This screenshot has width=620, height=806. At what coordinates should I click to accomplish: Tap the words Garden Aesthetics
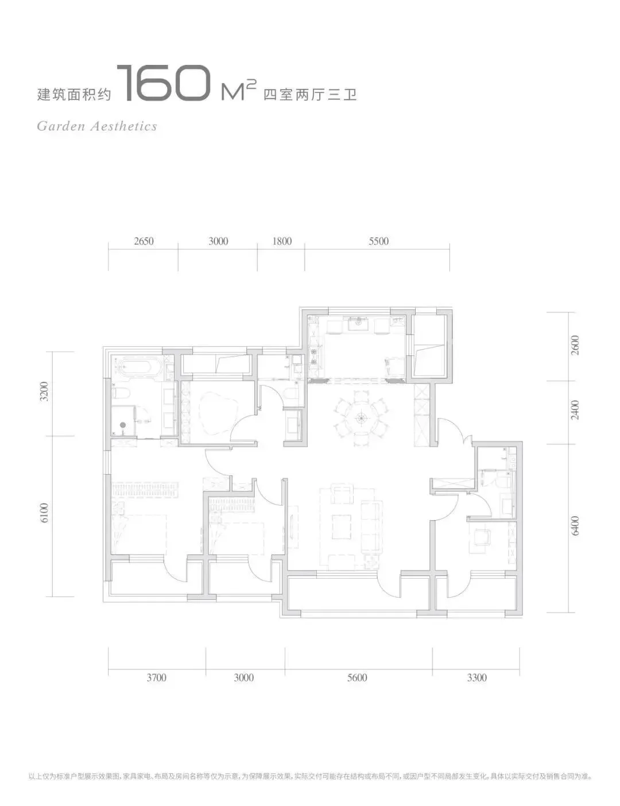coord(97,126)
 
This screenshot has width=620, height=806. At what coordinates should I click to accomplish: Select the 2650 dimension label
coord(144,241)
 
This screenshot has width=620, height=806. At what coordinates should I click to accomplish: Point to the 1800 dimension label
coord(282,241)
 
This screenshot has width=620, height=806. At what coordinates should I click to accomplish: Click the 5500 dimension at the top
coord(378,241)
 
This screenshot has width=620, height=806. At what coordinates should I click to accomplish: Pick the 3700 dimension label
coord(156,677)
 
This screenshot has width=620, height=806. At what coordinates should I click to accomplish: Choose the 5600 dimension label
coord(357,677)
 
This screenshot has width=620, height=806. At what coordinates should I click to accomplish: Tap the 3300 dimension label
coord(476,677)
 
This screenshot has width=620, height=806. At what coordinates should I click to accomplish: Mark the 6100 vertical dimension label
coord(44,513)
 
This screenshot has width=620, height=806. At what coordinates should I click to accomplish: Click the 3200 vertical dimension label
coord(44,392)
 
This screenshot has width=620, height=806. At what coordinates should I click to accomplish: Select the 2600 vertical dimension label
coord(575,346)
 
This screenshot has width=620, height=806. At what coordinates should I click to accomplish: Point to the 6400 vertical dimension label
coord(575,526)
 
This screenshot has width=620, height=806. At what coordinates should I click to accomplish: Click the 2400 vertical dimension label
coord(575,410)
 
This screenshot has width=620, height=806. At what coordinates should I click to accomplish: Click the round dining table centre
coord(361,418)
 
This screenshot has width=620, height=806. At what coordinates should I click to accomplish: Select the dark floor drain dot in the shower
coord(123,425)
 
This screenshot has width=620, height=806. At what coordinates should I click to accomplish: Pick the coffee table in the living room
coord(342,526)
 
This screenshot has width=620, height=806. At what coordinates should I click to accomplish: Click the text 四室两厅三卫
coord(310,95)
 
